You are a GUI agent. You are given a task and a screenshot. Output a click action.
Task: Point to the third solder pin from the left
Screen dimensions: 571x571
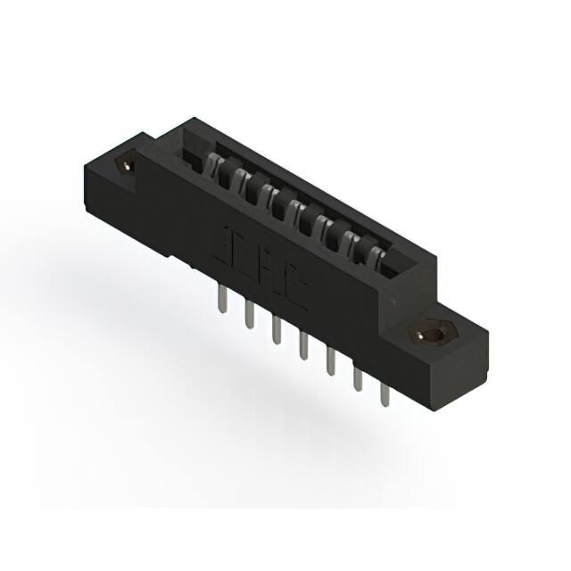coord(275,331)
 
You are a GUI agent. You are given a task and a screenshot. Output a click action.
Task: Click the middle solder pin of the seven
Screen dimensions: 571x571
coord(302,347)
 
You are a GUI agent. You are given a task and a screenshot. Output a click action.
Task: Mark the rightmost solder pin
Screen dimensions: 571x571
coord(385,393)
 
